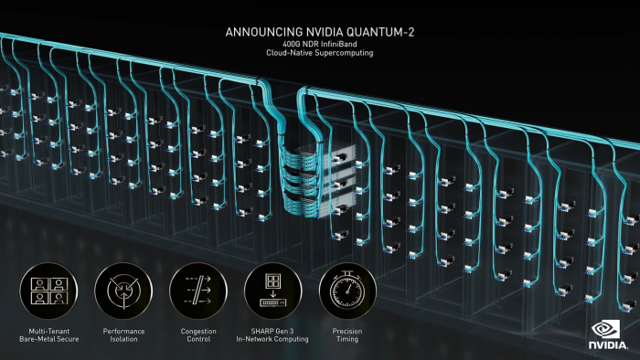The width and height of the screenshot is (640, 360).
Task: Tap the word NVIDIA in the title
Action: (x=322, y=32)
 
